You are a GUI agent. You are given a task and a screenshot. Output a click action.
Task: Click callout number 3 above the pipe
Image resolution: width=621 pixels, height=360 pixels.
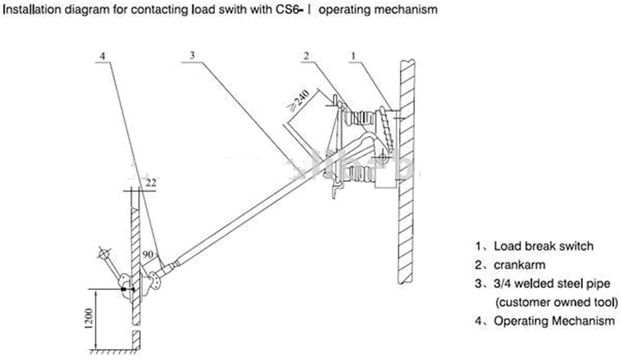191,56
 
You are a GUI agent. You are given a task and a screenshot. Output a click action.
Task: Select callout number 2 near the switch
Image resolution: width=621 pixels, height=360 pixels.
305,57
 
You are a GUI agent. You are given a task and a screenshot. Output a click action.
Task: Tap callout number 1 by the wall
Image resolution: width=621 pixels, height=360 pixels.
354,57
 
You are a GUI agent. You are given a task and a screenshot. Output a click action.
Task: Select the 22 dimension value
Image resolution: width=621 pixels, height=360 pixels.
151,183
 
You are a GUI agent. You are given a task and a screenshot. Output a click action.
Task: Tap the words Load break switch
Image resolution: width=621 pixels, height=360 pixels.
543,246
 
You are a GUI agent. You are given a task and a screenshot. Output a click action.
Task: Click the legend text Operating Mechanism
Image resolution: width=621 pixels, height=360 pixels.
554,321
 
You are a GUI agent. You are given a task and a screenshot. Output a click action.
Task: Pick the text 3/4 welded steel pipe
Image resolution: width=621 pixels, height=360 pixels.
551,284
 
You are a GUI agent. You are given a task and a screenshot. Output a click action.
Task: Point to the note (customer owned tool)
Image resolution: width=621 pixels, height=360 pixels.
556,302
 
